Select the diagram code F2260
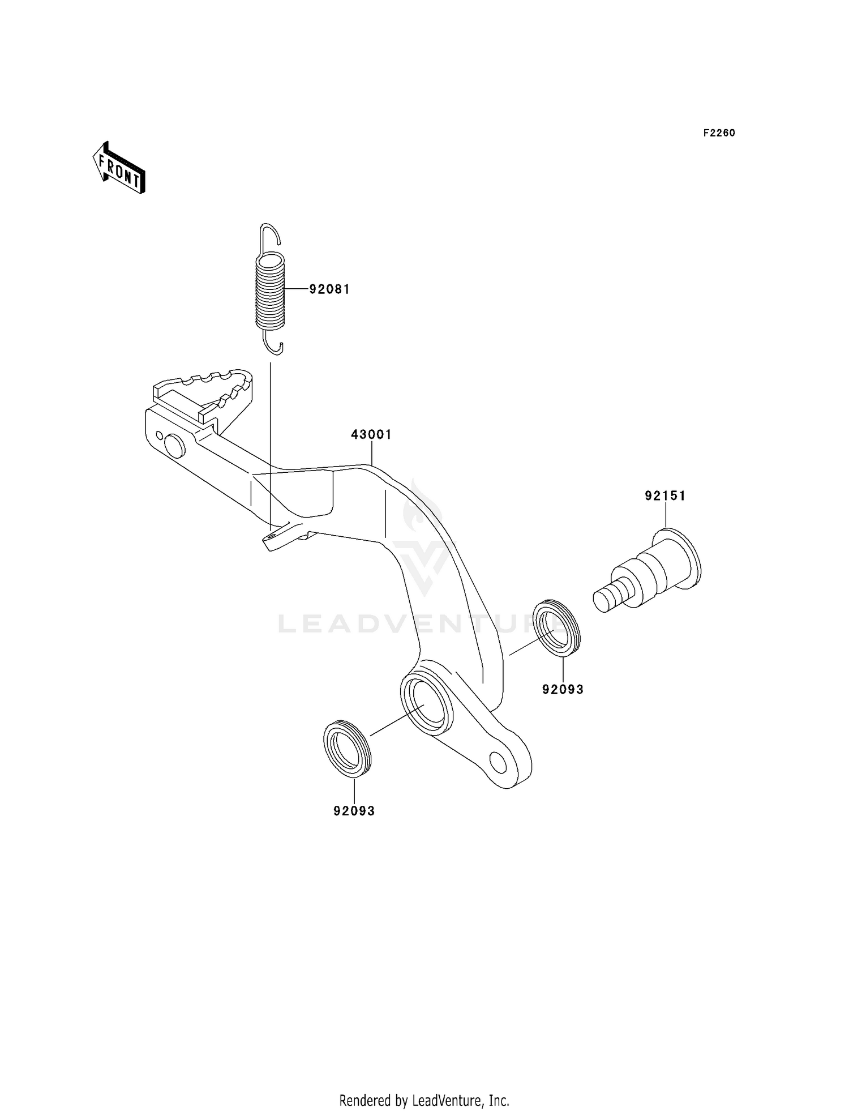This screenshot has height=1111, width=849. pyautogui.click(x=719, y=133)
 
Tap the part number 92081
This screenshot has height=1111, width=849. pyautogui.click(x=329, y=289)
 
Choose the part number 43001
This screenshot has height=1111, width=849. pyautogui.click(x=371, y=434)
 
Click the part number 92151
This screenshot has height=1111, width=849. pyautogui.click(x=665, y=496)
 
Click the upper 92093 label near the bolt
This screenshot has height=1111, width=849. pyautogui.click(x=563, y=689)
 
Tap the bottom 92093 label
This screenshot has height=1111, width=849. pyautogui.click(x=354, y=811)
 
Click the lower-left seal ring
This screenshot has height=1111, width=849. pyautogui.click(x=346, y=747)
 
